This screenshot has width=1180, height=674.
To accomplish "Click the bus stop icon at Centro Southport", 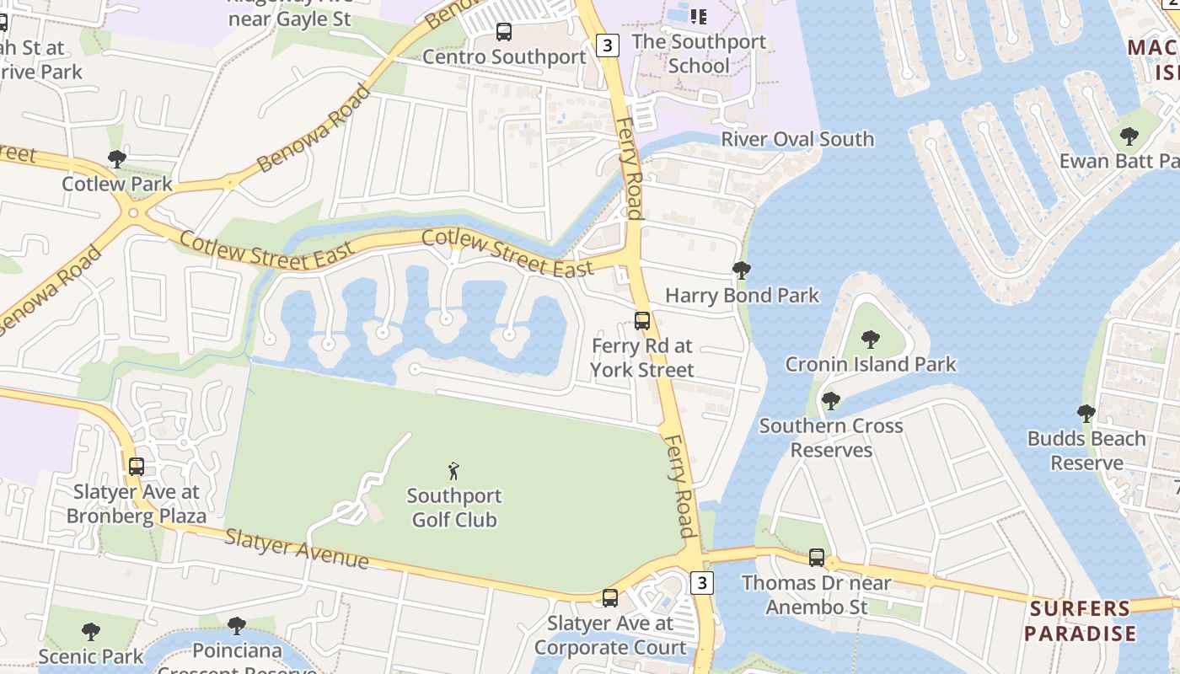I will pyautogui.click(x=504, y=32).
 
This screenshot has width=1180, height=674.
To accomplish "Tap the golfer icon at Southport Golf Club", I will pyautogui.click(x=454, y=471).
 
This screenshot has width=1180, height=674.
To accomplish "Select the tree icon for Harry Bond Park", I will pyautogui.click(x=742, y=270).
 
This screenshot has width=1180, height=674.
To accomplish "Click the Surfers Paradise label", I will pyautogui.click(x=1081, y=621).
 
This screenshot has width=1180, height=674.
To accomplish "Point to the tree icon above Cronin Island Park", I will pyautogui.click(x=871, y=340).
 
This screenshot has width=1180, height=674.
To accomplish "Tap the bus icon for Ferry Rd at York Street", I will pyautogui.click(x=642, y=321).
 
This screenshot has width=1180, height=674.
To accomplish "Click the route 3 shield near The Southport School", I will pyautogui.click(x=607, y=45).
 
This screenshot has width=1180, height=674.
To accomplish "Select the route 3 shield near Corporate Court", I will pyautogui.click(x=701, y=582).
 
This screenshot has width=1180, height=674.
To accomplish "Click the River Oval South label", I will pyautogui.click(x=797, y=139).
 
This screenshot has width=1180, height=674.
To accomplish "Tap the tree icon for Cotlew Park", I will pyautogui.click(x=117, y=158).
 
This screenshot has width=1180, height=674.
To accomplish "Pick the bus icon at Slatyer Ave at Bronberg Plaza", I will pyautogui.click(x=136, y=466).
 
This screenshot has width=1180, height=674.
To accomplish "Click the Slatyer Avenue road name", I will pyautogui.click(x=297, y=548).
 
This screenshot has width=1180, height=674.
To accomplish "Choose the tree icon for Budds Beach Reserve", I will pyautogui.click(x=1086, y=414).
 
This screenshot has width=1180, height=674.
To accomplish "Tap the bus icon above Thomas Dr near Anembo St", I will pyautogui.click(x=817, y=557).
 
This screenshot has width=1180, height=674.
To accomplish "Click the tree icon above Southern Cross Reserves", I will pyautogui.click(x=831, y=400).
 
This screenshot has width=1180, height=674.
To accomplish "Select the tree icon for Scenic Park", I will pyautogui.click(x=90, y=631).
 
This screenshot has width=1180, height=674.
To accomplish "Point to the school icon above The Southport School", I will pyautogui.click(x=698, y=16).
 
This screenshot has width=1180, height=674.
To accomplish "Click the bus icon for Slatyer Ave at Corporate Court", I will pyautogui.click(x=610, y=598).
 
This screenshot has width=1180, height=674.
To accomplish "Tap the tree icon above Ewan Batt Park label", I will pyautogui.click(x=1129, y=136).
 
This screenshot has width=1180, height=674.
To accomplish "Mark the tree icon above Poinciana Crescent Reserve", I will pyautogui.click(x=237, y=626).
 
